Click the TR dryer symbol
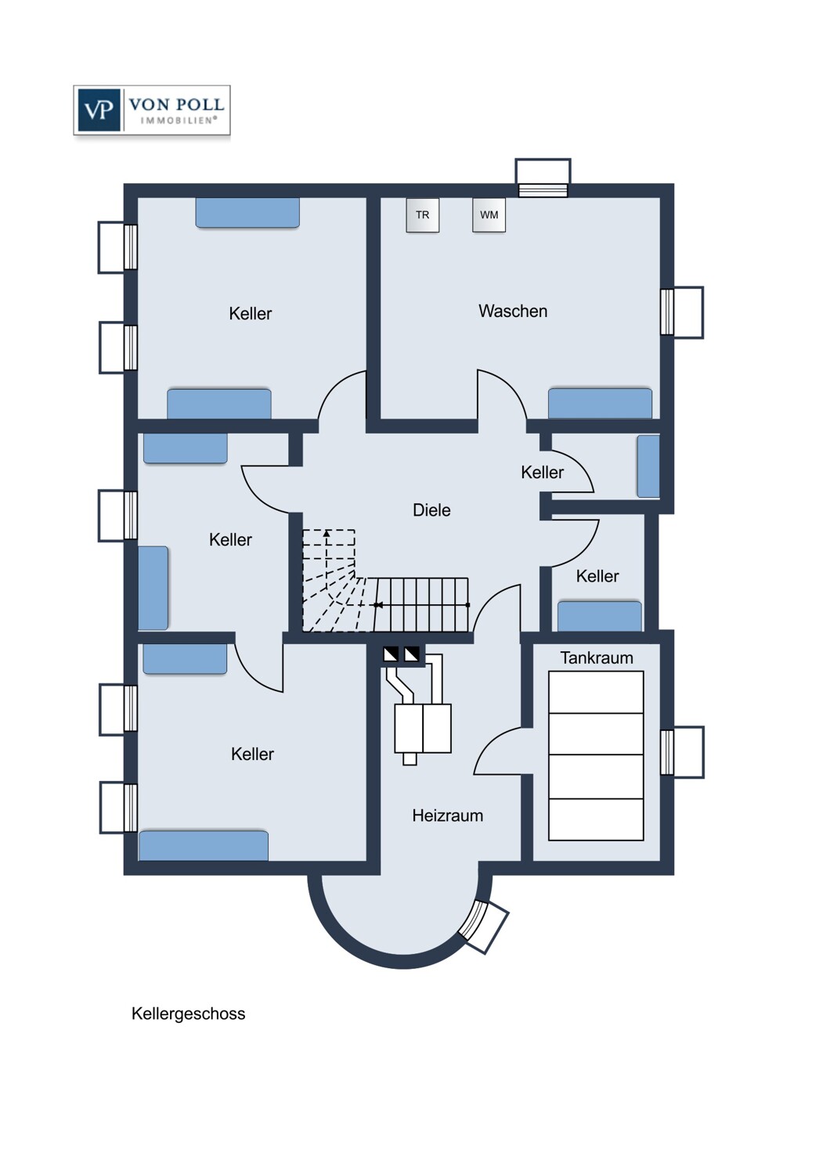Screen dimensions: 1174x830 coord(422,215)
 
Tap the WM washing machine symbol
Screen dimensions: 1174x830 coord(489,215)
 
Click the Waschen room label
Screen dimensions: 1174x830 coord(513,312)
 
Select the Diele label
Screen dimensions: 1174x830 coord(431,510)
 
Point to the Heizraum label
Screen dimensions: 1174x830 coord(447,816)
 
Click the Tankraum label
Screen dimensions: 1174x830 coord(597,658)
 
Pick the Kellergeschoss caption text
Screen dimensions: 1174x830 coord(188,1014)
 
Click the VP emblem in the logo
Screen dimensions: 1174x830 coord(99,110)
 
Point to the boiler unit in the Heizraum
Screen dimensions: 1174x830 coord(423,729)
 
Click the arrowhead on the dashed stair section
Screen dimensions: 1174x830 coord(327,534)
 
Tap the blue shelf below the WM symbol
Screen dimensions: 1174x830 coord(600,403)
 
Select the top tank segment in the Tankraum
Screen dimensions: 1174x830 coord(596,693)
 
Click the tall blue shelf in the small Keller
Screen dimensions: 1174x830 coord(648,466)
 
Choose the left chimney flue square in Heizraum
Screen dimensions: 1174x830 coord(391,654)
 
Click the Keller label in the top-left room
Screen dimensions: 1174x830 coord(250,314)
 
